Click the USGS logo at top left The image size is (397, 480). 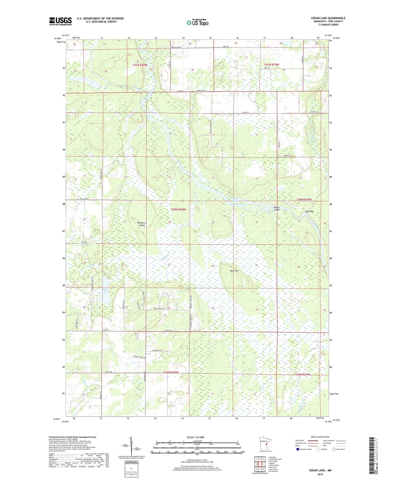coord(60,21)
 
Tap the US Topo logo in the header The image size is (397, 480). coord(197,23)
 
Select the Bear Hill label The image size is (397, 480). coord(234,271)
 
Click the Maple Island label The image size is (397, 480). coord(276,208)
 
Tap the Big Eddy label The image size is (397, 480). coord(309,211)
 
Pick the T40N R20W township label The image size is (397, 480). coord(178,209)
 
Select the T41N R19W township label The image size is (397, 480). coord(271,65)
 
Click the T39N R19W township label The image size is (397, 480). coord(302,374)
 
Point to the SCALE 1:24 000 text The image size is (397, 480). coord(195,437)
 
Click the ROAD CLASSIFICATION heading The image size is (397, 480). coord(320,437)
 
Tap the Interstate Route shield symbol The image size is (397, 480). coord(298,449)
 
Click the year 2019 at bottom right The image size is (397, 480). coord(320,474)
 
